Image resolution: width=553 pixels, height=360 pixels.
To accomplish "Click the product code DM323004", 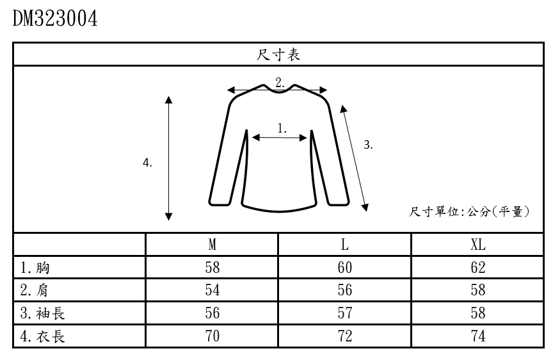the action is click(x=55, y=19).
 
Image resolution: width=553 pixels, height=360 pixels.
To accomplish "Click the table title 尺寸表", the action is click(x=278, y=55).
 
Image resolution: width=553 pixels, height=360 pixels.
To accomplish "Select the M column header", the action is click(x=212, y=245).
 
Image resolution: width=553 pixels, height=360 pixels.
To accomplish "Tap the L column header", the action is click(x=345, y=245).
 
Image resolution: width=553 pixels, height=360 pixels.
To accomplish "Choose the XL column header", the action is click(x=477, y=245).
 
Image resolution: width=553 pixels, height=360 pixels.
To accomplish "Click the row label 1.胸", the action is click(x=35, y=268).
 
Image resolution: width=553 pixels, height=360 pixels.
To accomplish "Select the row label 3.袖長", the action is click(x=42, y=313).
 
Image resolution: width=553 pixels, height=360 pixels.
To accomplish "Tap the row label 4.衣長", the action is click(x=42, y=336).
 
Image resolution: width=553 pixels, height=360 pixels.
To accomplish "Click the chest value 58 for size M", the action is click(x=212, y=268).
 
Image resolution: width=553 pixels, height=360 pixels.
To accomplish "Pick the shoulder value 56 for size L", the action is click(x=345, y=290).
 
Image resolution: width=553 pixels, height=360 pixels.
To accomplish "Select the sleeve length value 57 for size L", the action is click(x=345, y=313).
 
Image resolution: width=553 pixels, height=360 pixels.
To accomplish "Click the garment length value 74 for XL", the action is click(x=477, y=336).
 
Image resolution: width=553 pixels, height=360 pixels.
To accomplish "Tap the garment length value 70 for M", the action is click(x=212, y=336).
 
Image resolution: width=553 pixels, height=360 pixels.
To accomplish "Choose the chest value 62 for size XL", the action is click(x=477, y=268).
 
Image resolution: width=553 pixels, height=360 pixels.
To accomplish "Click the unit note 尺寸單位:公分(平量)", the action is click(x=470, y=212).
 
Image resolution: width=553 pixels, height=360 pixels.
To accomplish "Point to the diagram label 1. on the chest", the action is click(x=282, y=127).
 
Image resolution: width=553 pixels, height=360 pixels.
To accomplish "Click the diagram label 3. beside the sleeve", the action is click(x=368, y=145).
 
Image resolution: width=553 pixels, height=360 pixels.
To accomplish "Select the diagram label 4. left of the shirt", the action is click(x=147, y=163).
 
